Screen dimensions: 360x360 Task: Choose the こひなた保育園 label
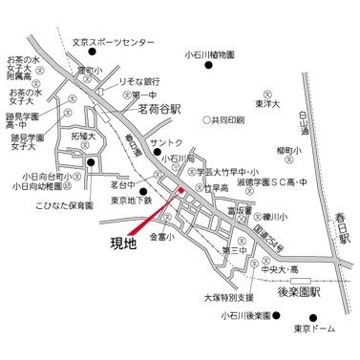(64, 205)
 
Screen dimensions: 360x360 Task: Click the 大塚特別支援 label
(230, 297)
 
